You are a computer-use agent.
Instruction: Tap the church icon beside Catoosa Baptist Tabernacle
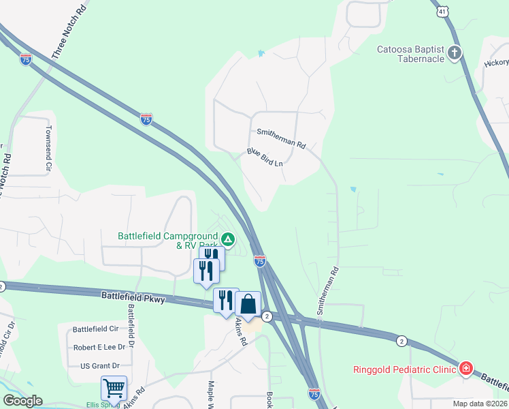point(455,53)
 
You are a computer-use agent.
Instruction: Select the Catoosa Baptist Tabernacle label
point(411,53)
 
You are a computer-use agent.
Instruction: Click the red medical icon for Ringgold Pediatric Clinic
point(466,369)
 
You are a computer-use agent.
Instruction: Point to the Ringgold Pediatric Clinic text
point(404,370)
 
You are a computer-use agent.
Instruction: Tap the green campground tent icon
point(229,239)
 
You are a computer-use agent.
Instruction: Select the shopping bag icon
point(248,304)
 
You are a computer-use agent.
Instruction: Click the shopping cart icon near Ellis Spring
point(114,388)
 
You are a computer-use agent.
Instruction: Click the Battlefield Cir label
point(95,329)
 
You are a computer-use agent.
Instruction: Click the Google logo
point(22,401)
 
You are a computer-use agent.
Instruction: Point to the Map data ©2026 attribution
point(479,404)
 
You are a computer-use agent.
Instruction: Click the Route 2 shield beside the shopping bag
point(267,316)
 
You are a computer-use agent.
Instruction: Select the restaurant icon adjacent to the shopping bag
point(225,300)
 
